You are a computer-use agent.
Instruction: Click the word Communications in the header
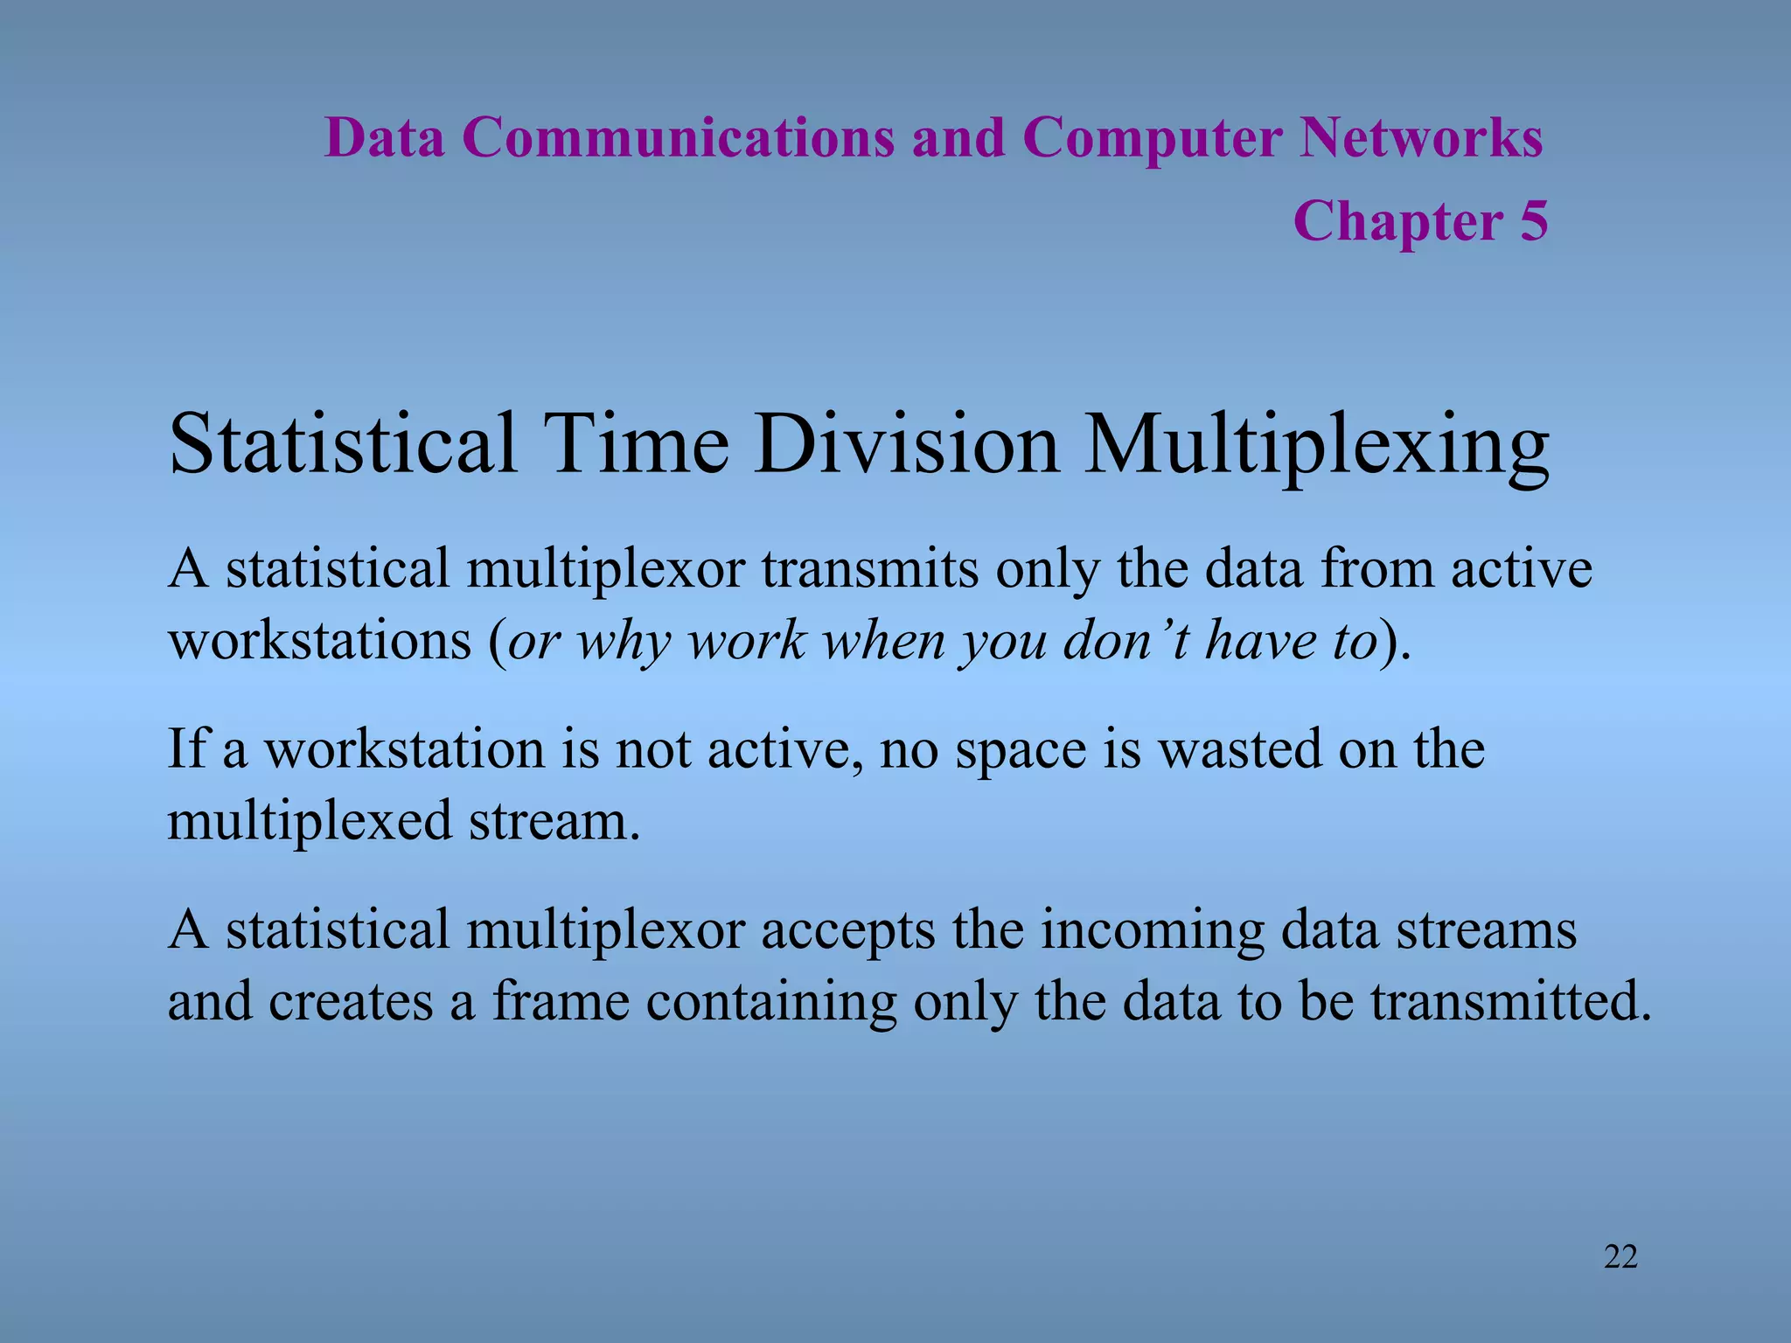click(x=678, y=138)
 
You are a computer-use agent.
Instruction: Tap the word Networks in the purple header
click(x=1421, y=138)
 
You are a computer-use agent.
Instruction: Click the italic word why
click(x=624, y=643)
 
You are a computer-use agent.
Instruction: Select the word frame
click(x=561, y=1002)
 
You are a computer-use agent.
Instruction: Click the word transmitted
click(x=1510, y=1002)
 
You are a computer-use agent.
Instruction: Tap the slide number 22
click(x=1620, y=1257)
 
